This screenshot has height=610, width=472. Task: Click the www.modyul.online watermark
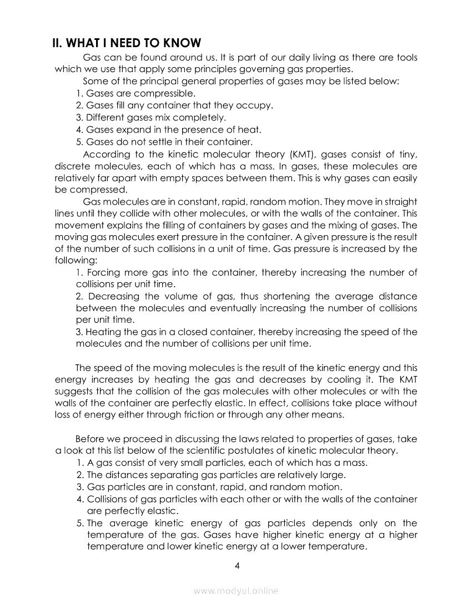click(236, 591)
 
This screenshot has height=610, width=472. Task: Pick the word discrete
click(74, 166)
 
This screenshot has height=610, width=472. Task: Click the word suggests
click(77, 391)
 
